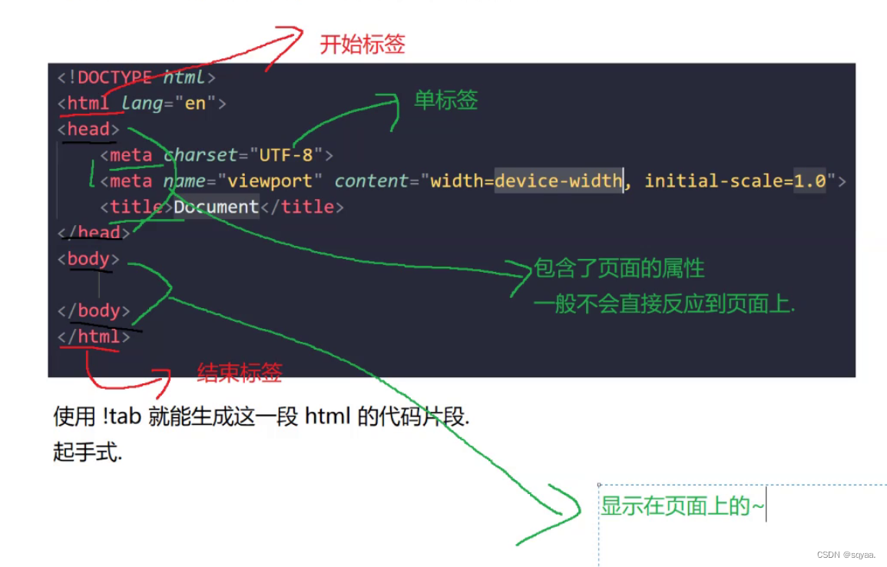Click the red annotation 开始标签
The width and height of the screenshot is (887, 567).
362,45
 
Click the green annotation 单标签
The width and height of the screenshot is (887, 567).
445,100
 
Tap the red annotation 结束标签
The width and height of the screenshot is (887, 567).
239,373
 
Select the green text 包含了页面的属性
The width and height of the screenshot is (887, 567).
619,268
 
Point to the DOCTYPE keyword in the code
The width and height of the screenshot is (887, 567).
114,77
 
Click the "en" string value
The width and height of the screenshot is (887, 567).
195,103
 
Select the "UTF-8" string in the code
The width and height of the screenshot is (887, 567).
286,155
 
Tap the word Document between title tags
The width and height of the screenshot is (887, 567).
216,207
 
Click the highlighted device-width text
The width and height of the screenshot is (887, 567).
558,181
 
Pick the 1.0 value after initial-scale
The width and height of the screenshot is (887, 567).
809,181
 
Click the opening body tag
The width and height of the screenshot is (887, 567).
88,259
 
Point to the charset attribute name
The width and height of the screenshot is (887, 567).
200,155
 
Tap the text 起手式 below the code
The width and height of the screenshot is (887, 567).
87,453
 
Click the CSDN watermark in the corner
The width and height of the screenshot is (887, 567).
846,555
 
